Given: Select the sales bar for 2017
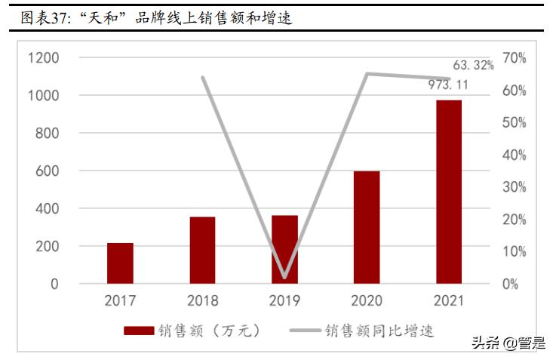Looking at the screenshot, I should click(120, 263).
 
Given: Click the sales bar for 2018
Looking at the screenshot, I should click(202, 251).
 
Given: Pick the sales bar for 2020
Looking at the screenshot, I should click(367, 227).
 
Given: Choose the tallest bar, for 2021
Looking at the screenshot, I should click(449, 192).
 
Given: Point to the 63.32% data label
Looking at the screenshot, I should click(473, 65).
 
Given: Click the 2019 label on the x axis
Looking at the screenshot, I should click(284, 301).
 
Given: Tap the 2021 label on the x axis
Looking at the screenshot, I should click(449, 301).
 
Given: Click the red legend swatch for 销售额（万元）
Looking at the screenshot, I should click(139, 331).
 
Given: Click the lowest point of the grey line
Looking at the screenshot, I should click(284, 277).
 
